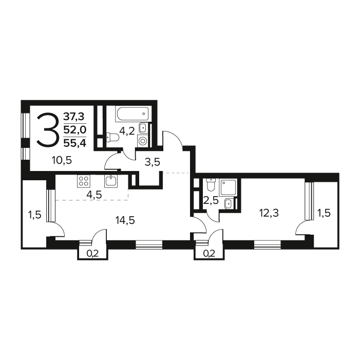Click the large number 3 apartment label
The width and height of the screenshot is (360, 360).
(x=47, y=130)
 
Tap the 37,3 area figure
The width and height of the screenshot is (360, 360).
(x=74, y=117)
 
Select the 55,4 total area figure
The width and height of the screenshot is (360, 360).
(x=75, y=143)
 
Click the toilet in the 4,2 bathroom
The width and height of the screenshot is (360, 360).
(x=112, y=138)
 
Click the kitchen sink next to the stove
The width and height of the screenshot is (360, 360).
(x=111, y=181)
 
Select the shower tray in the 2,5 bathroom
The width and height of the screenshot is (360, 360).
(x=228, y=187)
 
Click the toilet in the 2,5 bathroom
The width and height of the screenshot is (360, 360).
(x=211, y=185)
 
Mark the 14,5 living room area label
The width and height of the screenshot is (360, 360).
(x=125, y=220)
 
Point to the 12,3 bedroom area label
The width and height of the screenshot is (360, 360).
(x=269, y=213)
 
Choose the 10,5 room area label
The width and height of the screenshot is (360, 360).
(x=62, y=160)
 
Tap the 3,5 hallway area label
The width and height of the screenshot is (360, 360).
(x=152, y=162)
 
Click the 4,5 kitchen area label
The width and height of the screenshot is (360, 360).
(x=94, y=195)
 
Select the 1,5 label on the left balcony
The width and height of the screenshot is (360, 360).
(x=34, y=215)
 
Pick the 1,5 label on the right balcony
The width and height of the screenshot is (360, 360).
(x=324, y=213)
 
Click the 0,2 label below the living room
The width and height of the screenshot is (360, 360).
(x=92, y=254)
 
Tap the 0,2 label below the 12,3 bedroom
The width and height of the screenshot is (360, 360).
(x=209, y=254)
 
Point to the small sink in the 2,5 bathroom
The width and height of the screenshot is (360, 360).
(x=229, y=204)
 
